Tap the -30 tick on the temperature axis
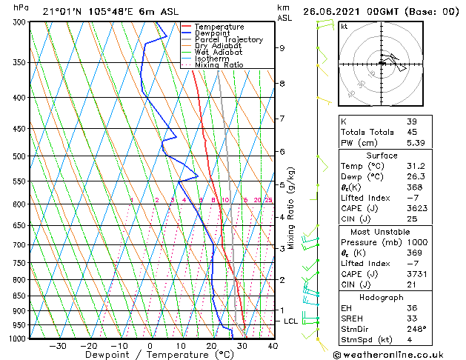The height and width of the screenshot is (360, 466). tap(58, 346)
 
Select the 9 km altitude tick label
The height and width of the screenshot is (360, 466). tap(282, 48)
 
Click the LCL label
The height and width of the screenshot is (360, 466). tap(290, 321)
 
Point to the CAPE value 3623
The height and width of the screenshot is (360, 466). tap(416, 209)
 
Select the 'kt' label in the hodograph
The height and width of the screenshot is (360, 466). tap(344, 27)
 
